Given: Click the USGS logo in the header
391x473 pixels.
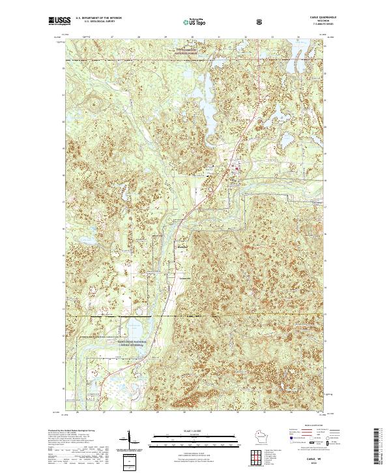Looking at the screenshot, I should (60, 22).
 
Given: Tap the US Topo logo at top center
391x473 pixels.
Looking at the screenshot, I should (195, 22).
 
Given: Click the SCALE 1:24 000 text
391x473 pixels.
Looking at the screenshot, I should (195, 430).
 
